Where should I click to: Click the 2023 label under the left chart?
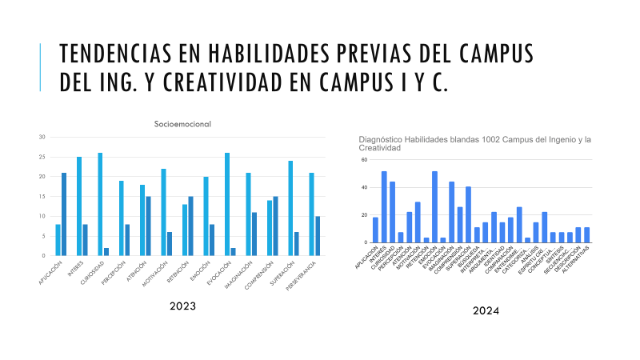click(183, 306)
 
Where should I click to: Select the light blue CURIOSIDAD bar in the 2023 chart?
click(100, 204)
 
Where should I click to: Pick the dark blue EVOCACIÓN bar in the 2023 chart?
click(234, 251)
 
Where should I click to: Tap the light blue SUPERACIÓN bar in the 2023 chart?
click(290, 208)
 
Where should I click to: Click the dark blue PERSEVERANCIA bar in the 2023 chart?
click(318, 235)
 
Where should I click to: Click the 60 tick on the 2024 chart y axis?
click(364, 160)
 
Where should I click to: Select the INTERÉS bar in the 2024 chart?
click(384, 206)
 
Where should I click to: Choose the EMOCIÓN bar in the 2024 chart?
click(434, 206)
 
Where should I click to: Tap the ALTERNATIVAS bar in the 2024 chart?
click(586, 234)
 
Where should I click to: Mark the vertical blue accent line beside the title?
click(40, 67)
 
